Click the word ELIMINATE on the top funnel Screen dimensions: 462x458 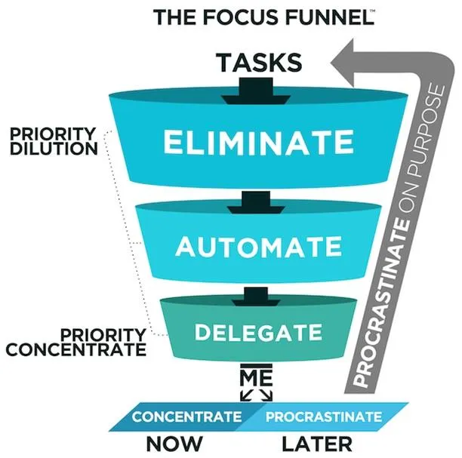point(258,143)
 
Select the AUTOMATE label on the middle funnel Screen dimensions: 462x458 point(258,246)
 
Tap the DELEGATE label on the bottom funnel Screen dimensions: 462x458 point(258,332)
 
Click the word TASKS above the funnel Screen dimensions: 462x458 point(259,63)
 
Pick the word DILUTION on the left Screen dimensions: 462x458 point(54,149)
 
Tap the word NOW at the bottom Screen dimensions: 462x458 point(174,444)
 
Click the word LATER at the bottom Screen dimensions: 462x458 point(317,444)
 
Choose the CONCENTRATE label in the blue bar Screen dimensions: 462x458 point(186,417)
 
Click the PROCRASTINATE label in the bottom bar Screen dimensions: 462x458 point(324,417)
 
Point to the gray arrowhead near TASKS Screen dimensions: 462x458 point(343,63)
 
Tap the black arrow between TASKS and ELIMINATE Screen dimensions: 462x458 point(256,91)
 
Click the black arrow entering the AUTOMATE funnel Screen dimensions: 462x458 point(256,202)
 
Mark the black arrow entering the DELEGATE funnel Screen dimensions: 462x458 point(256,297)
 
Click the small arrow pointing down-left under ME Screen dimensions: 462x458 point(245,395)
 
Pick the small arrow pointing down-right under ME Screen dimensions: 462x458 point(266,395)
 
